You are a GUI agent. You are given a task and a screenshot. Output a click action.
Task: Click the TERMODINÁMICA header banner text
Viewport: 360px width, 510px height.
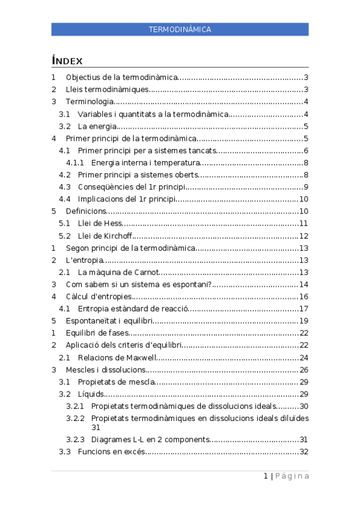point(180,29)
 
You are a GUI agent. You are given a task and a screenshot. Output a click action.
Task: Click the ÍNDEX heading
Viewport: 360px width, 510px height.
point(67,61)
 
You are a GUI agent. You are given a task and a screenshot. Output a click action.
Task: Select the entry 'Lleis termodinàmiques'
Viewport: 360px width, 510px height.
point(107,90)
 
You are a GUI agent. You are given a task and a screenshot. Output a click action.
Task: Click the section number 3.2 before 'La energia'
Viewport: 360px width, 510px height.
point(65,126)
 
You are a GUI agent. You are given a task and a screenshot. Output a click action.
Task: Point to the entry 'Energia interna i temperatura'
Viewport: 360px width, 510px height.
point(145,162)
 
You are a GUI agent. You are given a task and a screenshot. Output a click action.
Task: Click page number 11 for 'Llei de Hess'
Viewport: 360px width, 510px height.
point(304,224)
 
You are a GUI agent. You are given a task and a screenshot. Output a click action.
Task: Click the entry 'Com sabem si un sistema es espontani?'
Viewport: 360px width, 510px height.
point(139,284)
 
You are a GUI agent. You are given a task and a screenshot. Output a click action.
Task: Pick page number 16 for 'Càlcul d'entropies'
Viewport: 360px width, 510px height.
point(304,296)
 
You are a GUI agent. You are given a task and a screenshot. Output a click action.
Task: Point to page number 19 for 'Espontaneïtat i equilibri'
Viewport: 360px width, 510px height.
point(304,321)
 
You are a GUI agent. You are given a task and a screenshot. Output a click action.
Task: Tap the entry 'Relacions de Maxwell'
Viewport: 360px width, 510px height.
point(117,357)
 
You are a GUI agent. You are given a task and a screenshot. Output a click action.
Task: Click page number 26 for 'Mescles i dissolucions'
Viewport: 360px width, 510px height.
point(304,370)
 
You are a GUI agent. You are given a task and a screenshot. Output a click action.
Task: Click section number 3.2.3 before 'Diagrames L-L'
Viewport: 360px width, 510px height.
point(76,440)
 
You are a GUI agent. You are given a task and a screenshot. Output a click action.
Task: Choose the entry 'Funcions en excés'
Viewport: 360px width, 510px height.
point(112,452)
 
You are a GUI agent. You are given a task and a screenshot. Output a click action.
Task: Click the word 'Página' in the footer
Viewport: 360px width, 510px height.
point(293,476)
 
